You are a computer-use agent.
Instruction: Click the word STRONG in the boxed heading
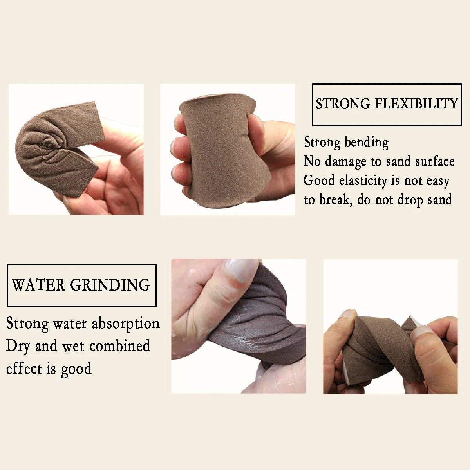[x=343, y=104]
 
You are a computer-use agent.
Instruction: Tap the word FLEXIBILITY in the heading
[x=416, y=104]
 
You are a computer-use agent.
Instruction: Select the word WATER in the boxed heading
[x=38, y=285]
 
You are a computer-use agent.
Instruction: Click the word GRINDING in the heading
[x=110, y=285]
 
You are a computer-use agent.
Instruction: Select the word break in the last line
[x=333, y=200]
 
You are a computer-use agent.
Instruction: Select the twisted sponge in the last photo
[x=376, y=349]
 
